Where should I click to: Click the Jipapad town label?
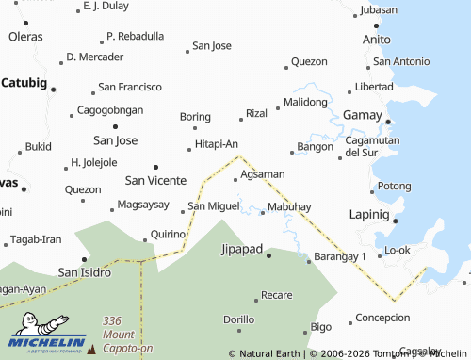click(x=241, y=250)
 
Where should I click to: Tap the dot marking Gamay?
click(x=387, y=122)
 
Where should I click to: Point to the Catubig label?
click(x=24, y=82)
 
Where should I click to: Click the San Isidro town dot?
click(x=84, y=259)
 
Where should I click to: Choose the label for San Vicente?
click(x=155, y=179)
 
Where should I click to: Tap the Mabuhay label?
click(x=289, y=205)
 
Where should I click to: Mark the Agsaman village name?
click(x=262, y=174)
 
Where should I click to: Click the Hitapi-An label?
click(x=216, y=143)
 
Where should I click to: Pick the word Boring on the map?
click(x=195, y=117)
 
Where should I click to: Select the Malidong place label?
click(x=305, y=101)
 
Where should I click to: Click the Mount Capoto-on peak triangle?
click(x=91, y=350)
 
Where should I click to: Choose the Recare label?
click(x=276, y=295)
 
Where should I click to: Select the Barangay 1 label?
click(x=339, y=256)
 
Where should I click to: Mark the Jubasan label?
click(x=379, y=9)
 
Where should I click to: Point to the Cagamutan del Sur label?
click(x=374, y=145)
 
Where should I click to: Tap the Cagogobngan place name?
click(x=111, y=109)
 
